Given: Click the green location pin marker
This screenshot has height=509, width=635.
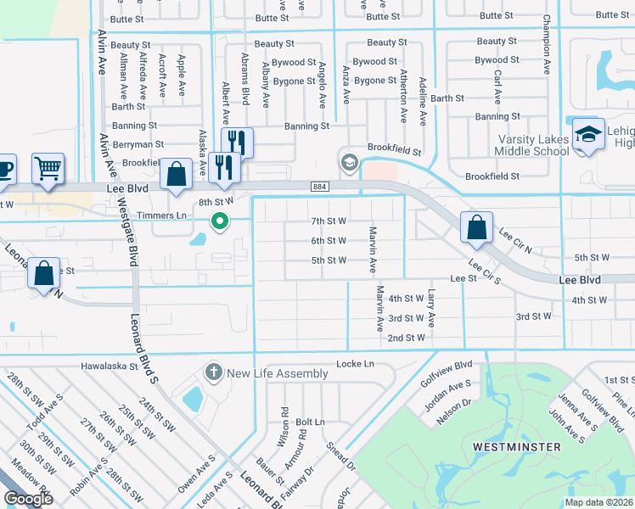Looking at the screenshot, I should pyautogui.click(x=220, y=222).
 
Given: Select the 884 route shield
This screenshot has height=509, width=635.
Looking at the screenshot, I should pyautogui.click(x=320, y=186).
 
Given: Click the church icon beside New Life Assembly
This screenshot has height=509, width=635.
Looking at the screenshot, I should pyautogui.click(x=213, y=372).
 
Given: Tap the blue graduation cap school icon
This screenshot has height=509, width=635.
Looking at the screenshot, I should pyautogui.click(x=587, y=136).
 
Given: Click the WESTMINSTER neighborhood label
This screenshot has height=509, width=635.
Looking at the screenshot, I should pyautogui.click(x=518, y=446).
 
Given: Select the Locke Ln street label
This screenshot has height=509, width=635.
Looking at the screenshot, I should pyautogui.click(x=355, y=363).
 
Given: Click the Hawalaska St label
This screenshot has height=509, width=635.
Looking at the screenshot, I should pyautogui.click(x=109, y=366).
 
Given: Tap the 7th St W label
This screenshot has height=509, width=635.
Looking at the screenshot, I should pyautogui.click(x=329, y=221).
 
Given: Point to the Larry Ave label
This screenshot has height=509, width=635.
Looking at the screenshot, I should pyautogui.click(x=431, y=308).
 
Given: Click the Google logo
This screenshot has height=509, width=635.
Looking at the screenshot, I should pyautogui.click(x=28, y=499).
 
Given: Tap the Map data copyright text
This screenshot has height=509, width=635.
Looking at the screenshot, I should pyautogui.click(x=599, y=502).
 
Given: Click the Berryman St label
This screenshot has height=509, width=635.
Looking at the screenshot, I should pyautogui.click(x=138, y=145).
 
